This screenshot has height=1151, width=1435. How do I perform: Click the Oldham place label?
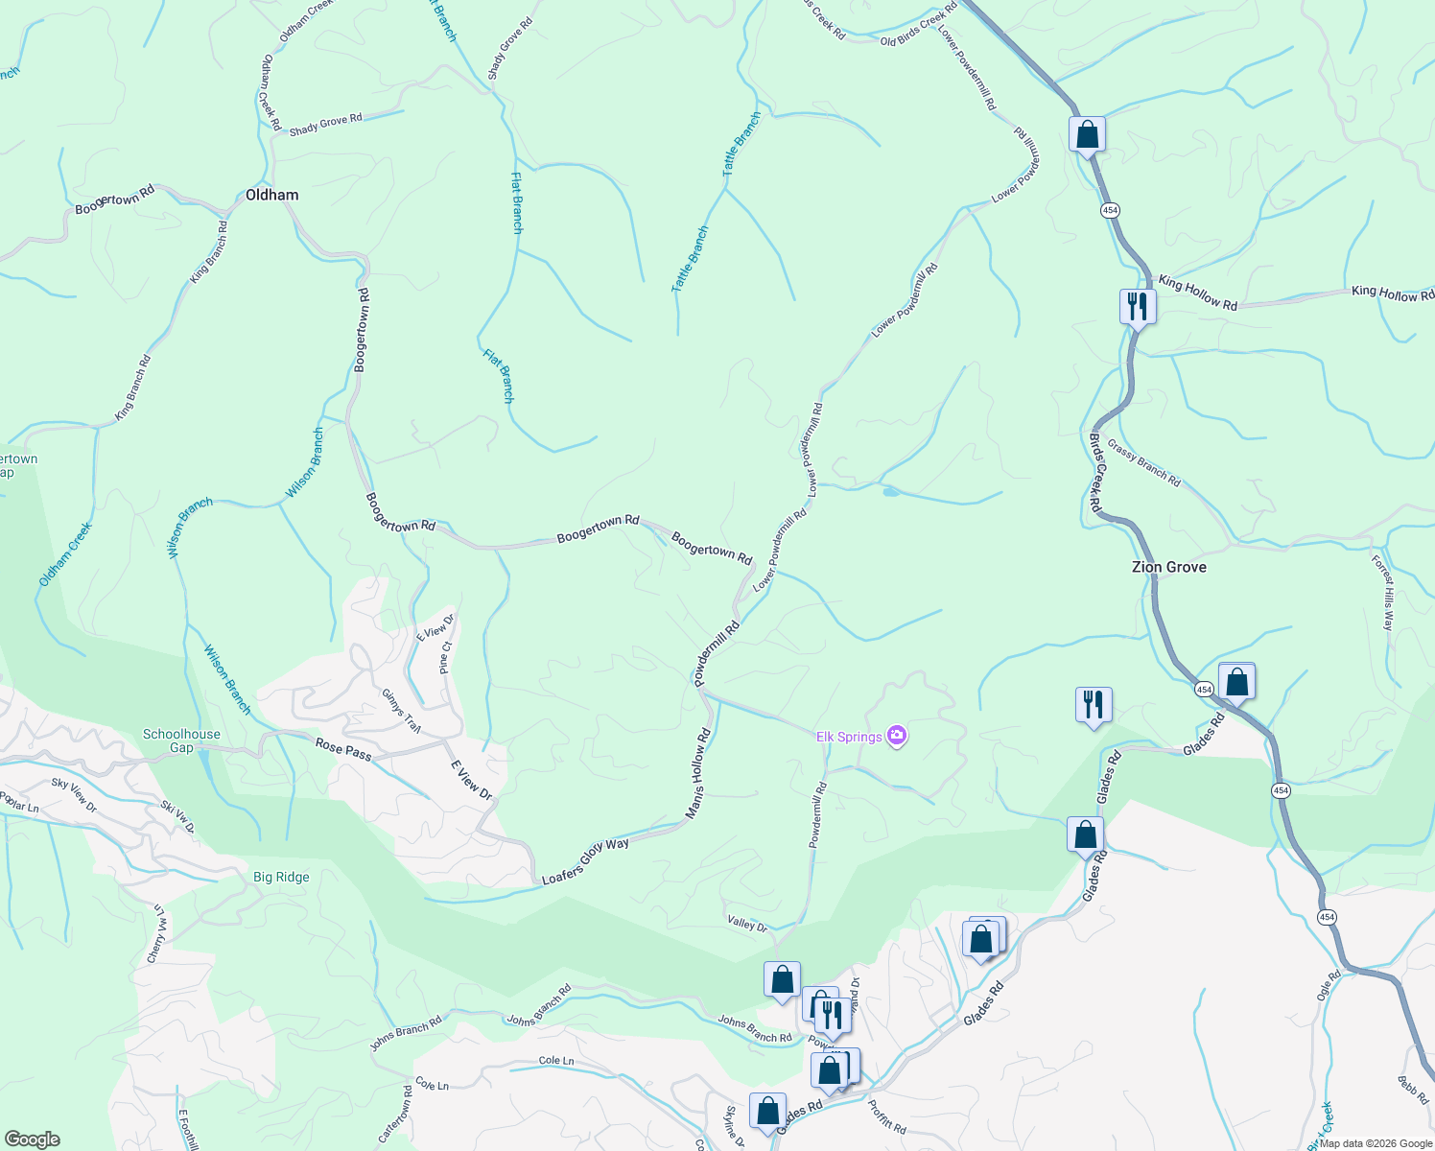(x=271, y=195)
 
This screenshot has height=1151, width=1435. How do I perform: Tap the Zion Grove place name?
(x=1168, y=567)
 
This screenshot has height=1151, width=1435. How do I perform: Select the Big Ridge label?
(x=281, y=877)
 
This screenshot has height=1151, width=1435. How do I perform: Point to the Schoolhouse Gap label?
(x=181, y=740)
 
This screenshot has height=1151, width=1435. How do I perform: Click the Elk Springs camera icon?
(x=898, y=736)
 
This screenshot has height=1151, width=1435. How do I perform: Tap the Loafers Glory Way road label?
(x=585, y=861)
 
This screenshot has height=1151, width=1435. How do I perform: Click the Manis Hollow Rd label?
(x=698, y=774)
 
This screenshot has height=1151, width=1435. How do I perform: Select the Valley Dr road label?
(x=747, y=924)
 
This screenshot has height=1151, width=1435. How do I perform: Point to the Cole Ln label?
(x=556, y=1061)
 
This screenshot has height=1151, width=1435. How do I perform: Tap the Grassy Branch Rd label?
(x=1143, y=462)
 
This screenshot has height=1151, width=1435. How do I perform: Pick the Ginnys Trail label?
(x=401, y=711)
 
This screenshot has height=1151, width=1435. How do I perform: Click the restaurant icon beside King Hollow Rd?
(x=1137, y=307)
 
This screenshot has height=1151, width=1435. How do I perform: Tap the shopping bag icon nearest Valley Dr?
(x=782, y=980)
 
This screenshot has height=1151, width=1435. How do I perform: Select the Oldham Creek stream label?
(x=65, y=554)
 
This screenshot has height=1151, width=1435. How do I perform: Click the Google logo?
(x=32, y=1139)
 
